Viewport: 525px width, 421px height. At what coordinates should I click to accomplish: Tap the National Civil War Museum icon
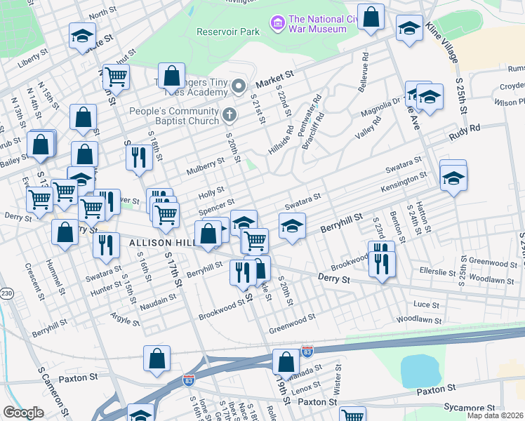click(x=278, y=24)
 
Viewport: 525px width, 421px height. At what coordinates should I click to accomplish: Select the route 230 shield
click(x=7, y=293)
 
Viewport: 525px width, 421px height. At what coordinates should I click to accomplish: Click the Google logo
click(x=22, y=412)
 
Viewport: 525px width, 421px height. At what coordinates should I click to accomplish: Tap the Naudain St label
click(x=158, y=300)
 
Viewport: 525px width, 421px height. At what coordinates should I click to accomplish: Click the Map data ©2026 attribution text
click(x=495, y=415)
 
